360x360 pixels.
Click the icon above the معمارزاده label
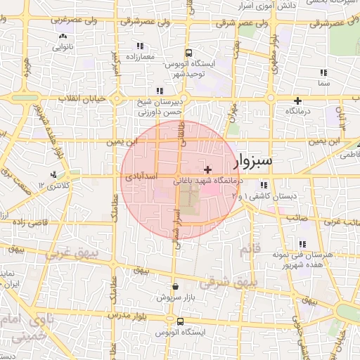[131, 44]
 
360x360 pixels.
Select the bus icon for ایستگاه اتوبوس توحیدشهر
[188, 53]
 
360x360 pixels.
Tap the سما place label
[323, 84]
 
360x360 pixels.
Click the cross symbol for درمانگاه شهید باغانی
[207, 170]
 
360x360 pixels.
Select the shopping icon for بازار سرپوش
[174, 287]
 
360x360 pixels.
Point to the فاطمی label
[349, 157]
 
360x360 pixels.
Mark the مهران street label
[232, 112]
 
